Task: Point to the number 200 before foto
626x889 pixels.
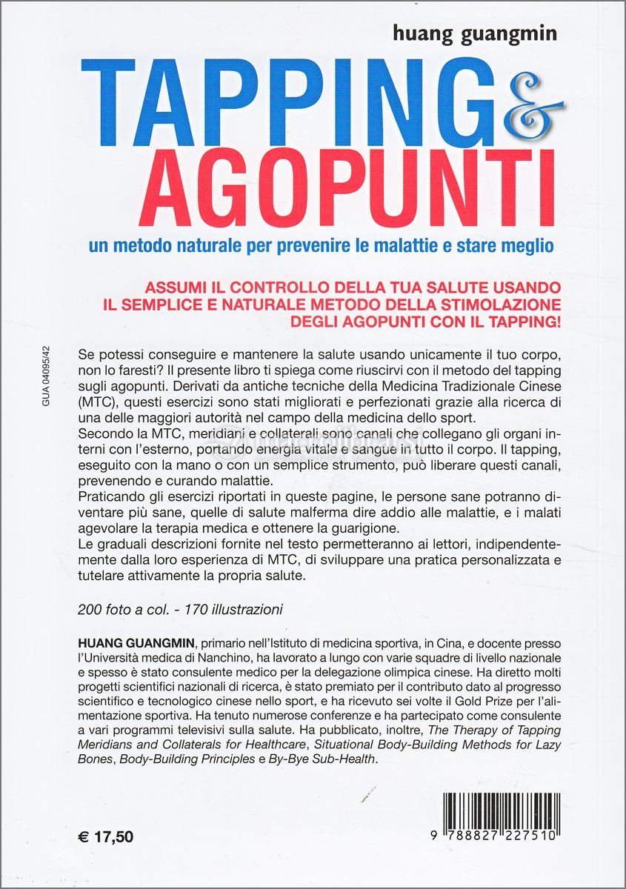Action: [90, 610]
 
